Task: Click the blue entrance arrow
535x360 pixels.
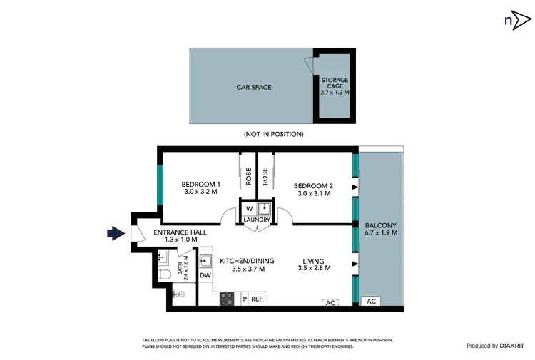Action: coord(115,232)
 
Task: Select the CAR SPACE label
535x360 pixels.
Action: coord(254,88)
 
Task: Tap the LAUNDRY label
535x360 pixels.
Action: coord(257,220)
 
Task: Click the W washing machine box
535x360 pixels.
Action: coord(249,208)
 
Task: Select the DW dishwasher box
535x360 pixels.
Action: coord(205,275)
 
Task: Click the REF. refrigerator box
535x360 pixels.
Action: coord(258,299)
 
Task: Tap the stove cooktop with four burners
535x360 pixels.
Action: coord(227,299)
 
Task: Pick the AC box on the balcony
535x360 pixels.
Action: coord(370,302)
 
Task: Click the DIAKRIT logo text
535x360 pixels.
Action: coord(507,346)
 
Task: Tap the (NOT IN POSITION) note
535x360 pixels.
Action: coord(273,134)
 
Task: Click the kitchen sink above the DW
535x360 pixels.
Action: coord(205,260)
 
